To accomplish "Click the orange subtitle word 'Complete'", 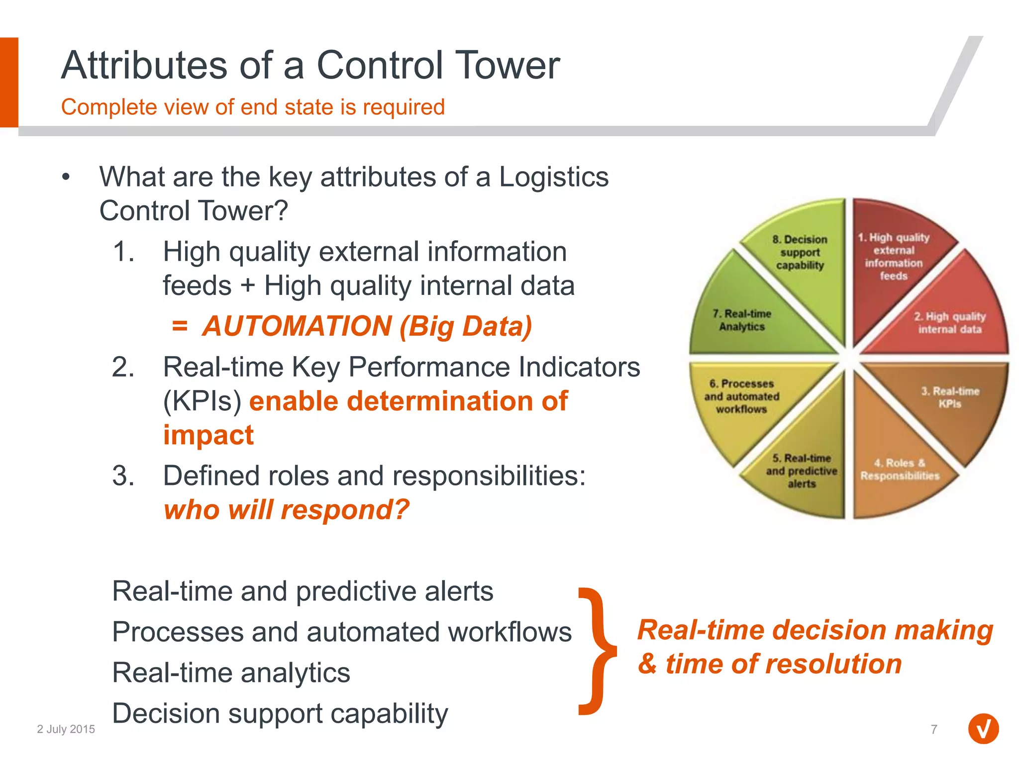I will pyautogui.click(x=109, y=107).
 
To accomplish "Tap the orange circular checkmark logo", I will pyautogui.click(x=983, y=729).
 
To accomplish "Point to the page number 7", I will pyautogui.click(x=934, y=729).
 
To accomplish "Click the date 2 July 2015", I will pyautogui.click(x=66, y=729).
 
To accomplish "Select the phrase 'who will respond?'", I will pyautogui.click(x=287, y=510).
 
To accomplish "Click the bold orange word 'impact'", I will pyautogui.click(x=208, y=435).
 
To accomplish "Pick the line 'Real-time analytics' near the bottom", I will pyautogui.click(x=231, y=672).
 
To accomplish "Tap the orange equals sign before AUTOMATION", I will pyautogui.click(x=180, y=326).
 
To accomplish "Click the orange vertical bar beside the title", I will pyautogui.click(x=9, y=82).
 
